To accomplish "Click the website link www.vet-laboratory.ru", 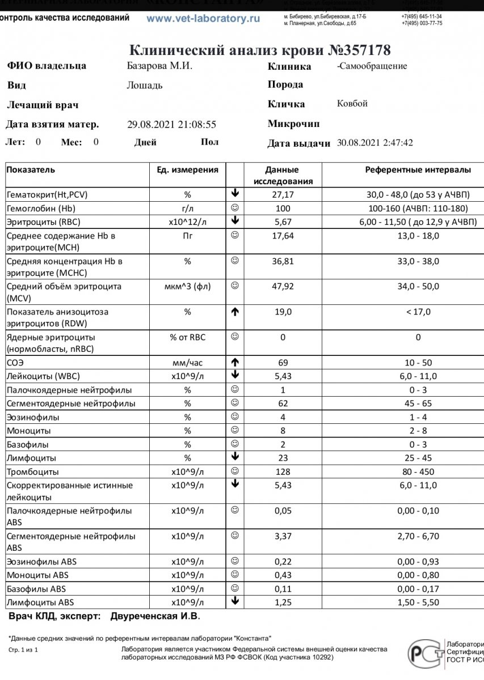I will click(203, 18).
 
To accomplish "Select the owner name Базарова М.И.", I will click(159, 66).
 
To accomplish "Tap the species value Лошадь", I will click(145, 86).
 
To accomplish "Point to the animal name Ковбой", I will click(352, 104).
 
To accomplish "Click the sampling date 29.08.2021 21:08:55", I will click(172, 125).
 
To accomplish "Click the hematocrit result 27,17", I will click(282, 194).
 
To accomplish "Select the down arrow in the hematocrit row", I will click(235, 194).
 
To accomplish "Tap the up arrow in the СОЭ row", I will click(235, 362).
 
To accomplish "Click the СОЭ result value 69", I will click(282, 363).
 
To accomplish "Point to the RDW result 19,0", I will click(282, 312).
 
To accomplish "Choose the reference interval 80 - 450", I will click(418, 472).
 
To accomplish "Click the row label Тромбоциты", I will click(33, 472).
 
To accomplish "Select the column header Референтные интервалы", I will click(418, 170).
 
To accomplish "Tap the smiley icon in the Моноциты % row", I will click(235, 431).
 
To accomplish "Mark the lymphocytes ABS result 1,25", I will click(282, 602).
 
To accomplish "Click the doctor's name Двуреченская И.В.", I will click(155, 616).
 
